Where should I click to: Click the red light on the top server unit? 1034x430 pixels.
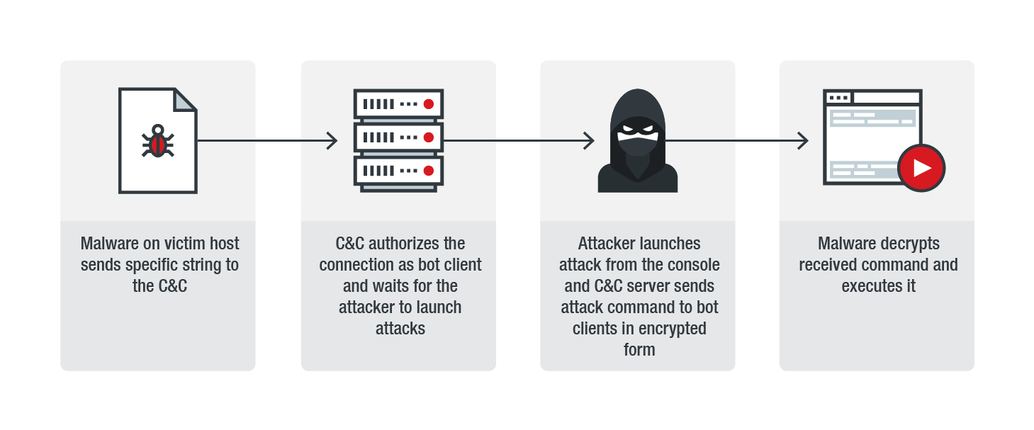pos(428,104)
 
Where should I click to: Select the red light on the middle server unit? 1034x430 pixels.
pos(428,137)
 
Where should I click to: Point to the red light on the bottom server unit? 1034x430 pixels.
pos(428,171)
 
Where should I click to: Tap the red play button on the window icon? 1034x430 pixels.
pos(921,168)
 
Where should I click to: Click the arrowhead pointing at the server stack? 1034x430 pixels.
pos(332,141)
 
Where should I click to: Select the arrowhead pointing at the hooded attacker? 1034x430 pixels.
pos(588,141)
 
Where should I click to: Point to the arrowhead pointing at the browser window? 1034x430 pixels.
pos(803,141)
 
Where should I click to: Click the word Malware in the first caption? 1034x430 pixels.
pos(108,244)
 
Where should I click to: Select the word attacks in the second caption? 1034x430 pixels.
pos(400,329)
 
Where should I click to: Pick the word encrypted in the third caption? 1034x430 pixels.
pos(672,329)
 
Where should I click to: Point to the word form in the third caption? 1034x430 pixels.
pos(639,350)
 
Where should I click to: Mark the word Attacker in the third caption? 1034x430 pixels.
pos(609,244)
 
